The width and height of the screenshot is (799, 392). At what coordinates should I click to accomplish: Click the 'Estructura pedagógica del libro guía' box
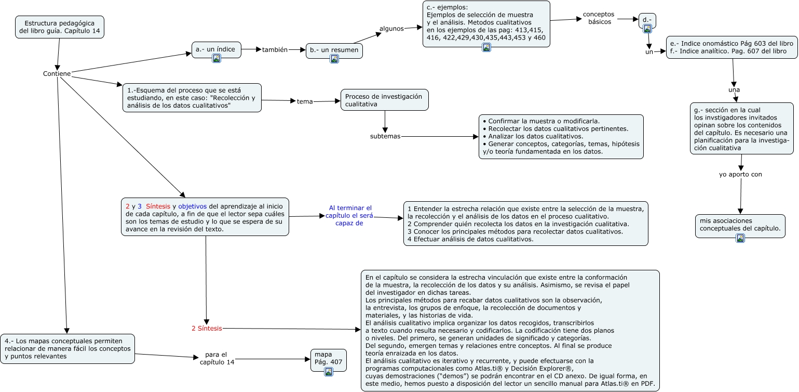coord(60,27)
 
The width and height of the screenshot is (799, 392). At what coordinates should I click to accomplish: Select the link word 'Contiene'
coord(57,73)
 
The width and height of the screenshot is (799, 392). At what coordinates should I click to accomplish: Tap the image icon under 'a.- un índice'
coord(216,58)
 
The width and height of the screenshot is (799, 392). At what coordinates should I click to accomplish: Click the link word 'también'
coord(275,50)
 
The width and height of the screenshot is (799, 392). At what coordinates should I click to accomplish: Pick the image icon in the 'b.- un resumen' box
coord(334,59)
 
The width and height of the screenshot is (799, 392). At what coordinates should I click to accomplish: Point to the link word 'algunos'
coord(391,29)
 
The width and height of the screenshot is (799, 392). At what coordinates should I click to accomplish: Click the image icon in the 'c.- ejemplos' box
coord(486,48)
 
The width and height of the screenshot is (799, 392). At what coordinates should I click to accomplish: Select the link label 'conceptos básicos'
coord(598,18)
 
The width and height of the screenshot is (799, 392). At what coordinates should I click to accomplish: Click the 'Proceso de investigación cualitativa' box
coord(384,100)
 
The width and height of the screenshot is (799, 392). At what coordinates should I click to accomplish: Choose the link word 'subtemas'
coord(385,136)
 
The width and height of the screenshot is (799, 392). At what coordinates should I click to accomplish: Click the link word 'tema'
coord(305,101)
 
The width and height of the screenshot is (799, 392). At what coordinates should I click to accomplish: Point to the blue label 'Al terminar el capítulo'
coord(350,215)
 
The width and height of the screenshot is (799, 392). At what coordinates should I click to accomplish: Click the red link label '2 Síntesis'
coord(207,328)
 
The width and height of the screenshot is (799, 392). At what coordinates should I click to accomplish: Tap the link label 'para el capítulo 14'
coord(217,358)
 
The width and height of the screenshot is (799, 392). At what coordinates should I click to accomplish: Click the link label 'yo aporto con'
coord(740,174)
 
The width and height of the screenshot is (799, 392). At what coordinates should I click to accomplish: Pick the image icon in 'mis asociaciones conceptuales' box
coord(740,238)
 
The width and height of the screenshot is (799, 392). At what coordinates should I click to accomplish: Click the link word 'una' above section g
coord(734,90)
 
